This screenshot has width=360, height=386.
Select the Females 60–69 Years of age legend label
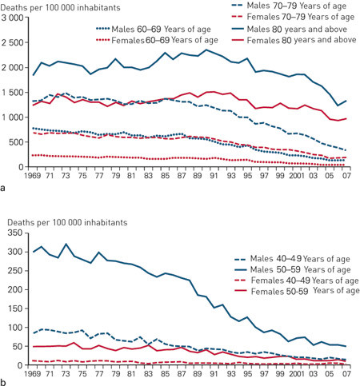157,40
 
